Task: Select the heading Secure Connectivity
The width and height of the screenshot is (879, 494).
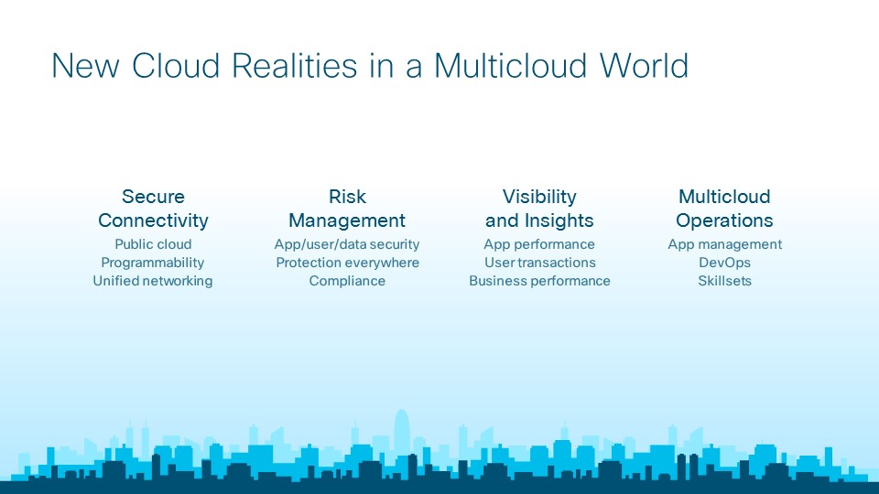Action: coord(153,209)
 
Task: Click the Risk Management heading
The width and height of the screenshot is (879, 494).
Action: coord(347,209)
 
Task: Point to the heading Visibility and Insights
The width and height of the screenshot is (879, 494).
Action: coord(539,209)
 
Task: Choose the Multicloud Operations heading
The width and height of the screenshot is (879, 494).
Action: coord(724,209)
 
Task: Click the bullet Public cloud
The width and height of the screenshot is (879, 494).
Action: coord(153,244)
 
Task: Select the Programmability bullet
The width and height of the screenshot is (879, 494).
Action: coord(153,263)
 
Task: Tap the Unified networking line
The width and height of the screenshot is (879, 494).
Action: coord(153,281)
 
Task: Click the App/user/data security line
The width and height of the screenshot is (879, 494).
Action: coord(347,244)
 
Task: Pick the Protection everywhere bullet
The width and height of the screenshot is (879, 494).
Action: coord(347,263)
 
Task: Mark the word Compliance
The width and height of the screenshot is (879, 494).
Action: coord(347,281)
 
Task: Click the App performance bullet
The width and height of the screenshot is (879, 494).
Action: coord(539,244)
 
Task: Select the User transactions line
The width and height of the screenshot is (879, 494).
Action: coord(539,263)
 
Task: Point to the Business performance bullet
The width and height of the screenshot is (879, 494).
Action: coord(539,281)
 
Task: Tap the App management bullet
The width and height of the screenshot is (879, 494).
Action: coord(724,244)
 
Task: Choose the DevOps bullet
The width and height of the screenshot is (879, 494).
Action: coord(724,263)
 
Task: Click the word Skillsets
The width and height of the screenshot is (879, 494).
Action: coord(724,281)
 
